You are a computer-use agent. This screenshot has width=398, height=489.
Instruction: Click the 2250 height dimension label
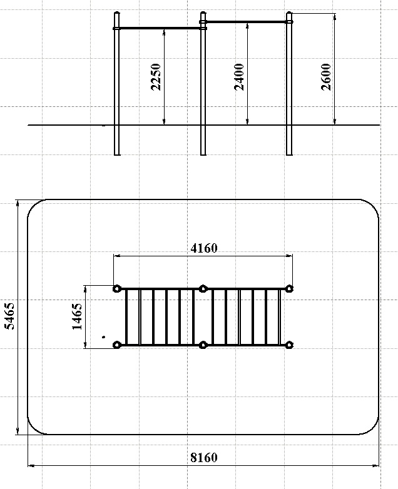156,77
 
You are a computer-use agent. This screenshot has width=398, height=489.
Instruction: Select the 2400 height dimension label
240,77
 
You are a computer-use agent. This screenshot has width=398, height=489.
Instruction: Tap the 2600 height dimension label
326,77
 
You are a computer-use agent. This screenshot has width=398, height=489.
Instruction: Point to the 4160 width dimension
204,248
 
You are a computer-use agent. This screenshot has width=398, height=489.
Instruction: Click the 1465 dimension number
77,316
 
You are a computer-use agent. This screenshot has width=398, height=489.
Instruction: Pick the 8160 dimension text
204,458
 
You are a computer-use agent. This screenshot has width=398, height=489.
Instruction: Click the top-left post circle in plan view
117,288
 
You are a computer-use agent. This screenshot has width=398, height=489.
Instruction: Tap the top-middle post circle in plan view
203,288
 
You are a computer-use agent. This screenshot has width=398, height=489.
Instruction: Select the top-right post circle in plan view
289,288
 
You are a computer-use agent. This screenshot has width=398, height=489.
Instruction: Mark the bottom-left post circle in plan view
117,345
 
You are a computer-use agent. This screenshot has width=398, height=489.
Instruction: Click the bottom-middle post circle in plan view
203,345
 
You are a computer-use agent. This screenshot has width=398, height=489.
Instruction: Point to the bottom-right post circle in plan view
289,345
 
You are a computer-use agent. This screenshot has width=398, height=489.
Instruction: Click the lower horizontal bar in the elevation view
160,28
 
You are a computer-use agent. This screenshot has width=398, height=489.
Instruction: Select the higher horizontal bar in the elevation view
247,22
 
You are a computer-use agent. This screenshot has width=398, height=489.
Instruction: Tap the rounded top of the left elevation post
117,13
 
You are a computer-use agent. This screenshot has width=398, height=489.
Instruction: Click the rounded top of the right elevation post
289,13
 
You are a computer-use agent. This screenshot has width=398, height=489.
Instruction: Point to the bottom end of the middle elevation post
203,154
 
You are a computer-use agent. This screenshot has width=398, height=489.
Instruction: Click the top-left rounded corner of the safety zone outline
34,205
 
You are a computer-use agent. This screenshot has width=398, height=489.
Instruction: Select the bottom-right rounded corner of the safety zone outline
374,428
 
